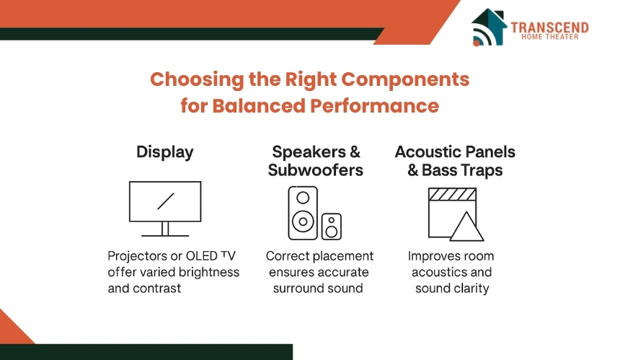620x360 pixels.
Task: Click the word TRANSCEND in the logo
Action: (x=549, y=27)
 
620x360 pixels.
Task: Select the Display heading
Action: (x=165, y=152)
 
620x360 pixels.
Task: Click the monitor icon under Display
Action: (x=165, y=206)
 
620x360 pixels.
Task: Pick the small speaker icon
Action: (x=332, y=226)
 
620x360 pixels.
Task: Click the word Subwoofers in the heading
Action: (x=315, y=170)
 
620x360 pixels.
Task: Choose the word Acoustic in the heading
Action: (x=425, y=152)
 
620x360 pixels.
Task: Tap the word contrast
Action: (x=154, y=289)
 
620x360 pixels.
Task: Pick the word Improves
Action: (x=430, y=256)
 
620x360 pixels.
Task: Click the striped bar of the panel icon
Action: (x=452, y=193)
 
